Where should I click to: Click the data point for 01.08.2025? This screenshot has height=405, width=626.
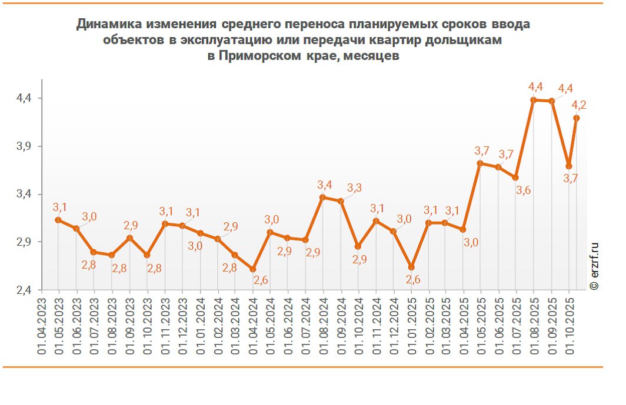click(x=534, y=100)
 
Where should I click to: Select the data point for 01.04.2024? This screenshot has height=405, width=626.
click(x=253, y=269)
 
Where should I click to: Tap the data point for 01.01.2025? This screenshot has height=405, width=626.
click(x=412, y=267)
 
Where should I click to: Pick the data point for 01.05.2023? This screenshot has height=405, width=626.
click(x=58, y=220)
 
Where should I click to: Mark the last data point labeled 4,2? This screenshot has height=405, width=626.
click(x=577, y=118)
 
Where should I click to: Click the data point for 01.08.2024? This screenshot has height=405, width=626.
click(x=322, y=197)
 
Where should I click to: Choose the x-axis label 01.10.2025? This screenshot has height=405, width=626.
click(x=570, y=326)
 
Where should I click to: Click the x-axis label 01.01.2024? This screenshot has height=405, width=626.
click(x=201, y=326)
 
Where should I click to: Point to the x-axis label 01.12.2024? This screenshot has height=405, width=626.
click(x=394, y=326)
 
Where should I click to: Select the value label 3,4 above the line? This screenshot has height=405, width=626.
click(x=325, y=185)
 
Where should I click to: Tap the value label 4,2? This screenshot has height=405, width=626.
click(x=579, y=105)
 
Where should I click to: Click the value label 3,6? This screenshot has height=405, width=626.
click(x=523, y=190)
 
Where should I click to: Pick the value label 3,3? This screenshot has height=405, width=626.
click(x=354, y=188)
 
